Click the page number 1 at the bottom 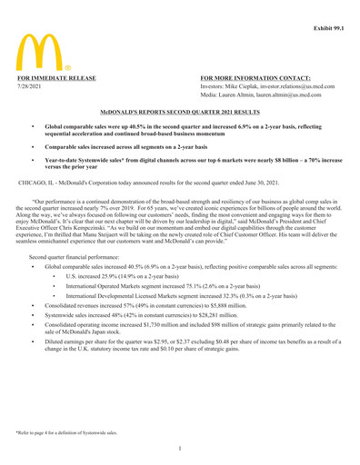[179, 448]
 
